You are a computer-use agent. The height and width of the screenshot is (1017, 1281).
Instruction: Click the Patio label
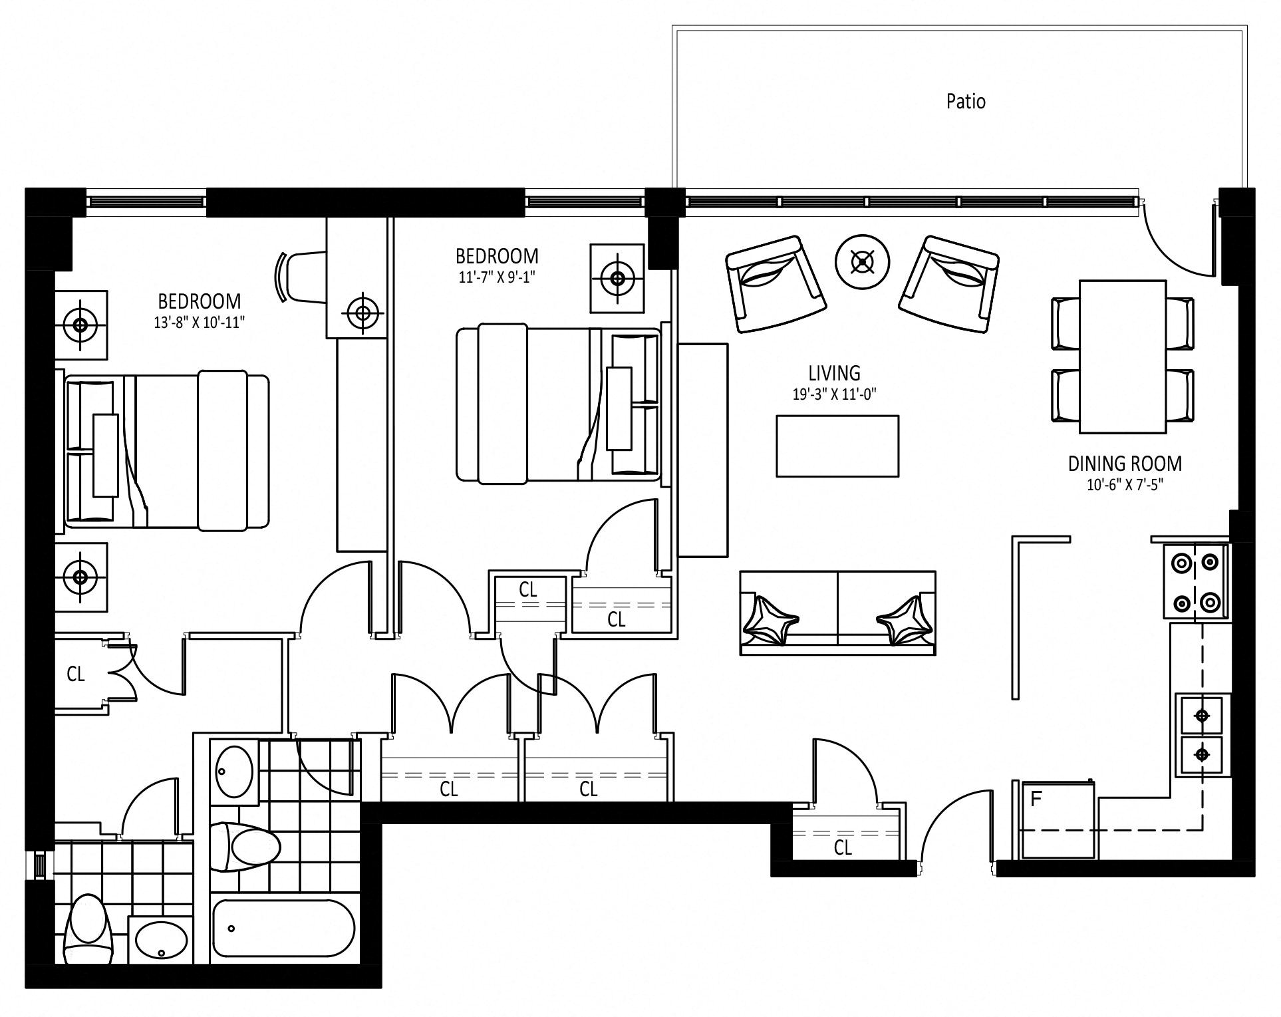966,101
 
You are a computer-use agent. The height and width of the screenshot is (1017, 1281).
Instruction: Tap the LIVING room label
834,372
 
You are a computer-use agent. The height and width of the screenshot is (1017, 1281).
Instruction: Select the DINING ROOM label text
1125,464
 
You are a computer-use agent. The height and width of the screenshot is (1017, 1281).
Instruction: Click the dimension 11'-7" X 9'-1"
497,277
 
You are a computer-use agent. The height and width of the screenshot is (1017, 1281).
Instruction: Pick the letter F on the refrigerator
1036,799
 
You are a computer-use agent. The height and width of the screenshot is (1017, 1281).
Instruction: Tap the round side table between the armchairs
863,262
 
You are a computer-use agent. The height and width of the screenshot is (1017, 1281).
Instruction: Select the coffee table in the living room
837,446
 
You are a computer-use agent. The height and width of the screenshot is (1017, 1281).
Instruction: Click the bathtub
283,929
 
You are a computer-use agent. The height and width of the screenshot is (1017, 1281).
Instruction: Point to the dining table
1123,357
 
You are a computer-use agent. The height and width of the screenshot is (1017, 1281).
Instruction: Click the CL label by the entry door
843,847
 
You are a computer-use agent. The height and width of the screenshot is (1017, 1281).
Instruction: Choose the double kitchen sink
1201,735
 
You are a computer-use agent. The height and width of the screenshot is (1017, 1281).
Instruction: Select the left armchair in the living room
776,283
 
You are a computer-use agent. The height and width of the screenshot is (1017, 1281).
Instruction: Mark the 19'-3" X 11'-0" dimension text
834,394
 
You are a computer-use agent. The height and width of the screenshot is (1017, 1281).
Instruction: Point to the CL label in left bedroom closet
76,674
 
